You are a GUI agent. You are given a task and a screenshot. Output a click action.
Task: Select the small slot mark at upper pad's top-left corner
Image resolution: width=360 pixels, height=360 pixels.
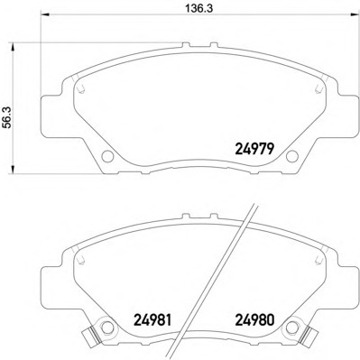81,89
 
